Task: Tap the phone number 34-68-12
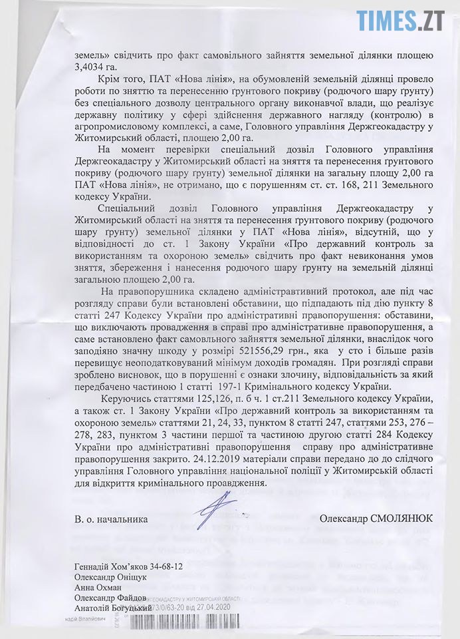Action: tap(177, 567)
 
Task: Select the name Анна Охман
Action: tap(98, 588)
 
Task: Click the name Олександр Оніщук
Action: tap(110, 578)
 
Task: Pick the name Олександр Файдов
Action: tap(112, 598)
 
